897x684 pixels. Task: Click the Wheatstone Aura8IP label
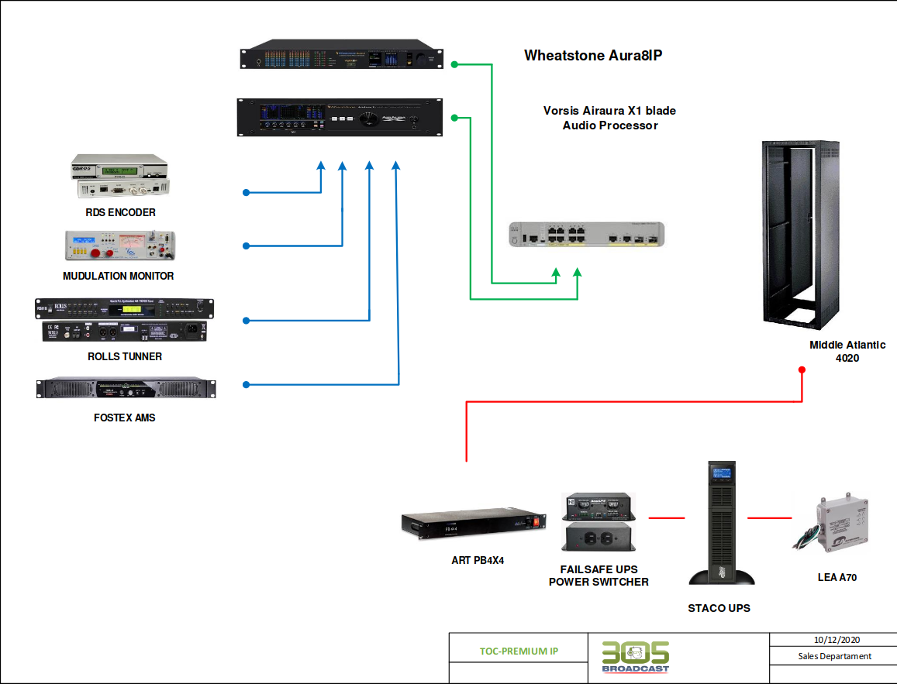(594, 56)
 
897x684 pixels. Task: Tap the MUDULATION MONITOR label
(119, 276)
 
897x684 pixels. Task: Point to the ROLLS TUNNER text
(125, 356)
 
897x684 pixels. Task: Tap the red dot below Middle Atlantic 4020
(802, 369)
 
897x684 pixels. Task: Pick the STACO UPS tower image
(721, 522)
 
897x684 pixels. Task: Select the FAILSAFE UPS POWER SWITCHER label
(599, 576)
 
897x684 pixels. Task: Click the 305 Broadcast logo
(636, 657)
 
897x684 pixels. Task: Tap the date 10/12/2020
(834, 640)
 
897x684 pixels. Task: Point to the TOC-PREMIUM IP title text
(519, 651)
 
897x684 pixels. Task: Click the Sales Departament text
(834, 656)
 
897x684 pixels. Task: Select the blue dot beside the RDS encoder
(246, 192)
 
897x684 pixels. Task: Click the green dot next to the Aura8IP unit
(455, 64)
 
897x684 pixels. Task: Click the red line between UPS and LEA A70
(768, 517)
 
